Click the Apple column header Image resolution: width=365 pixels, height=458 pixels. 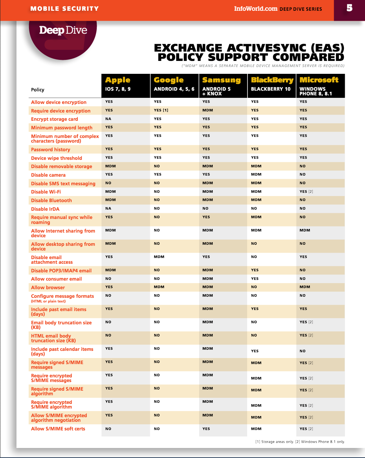118,80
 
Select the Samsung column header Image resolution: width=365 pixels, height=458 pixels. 221,80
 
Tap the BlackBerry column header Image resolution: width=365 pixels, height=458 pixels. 272,80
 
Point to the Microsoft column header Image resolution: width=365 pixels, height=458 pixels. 319,80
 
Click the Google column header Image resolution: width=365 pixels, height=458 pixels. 169,80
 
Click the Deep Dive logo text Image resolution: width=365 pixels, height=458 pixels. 63,30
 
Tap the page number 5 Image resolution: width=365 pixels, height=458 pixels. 349,8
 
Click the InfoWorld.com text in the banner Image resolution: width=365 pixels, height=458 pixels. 256,9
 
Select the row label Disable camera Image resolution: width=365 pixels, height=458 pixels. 48,175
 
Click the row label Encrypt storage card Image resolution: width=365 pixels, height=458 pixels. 54,119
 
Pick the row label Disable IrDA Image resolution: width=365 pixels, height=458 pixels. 45,209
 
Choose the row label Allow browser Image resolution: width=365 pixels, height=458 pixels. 48,287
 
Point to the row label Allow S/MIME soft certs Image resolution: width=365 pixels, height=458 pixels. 58,429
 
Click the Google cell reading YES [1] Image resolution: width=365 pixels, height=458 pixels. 161,110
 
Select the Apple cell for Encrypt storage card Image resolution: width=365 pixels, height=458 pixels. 108,119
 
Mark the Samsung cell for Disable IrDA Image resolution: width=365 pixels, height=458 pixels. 205,208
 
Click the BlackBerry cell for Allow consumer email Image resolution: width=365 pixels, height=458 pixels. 255,278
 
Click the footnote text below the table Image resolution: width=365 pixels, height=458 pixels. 300,442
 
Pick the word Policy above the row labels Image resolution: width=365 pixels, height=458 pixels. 38,90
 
